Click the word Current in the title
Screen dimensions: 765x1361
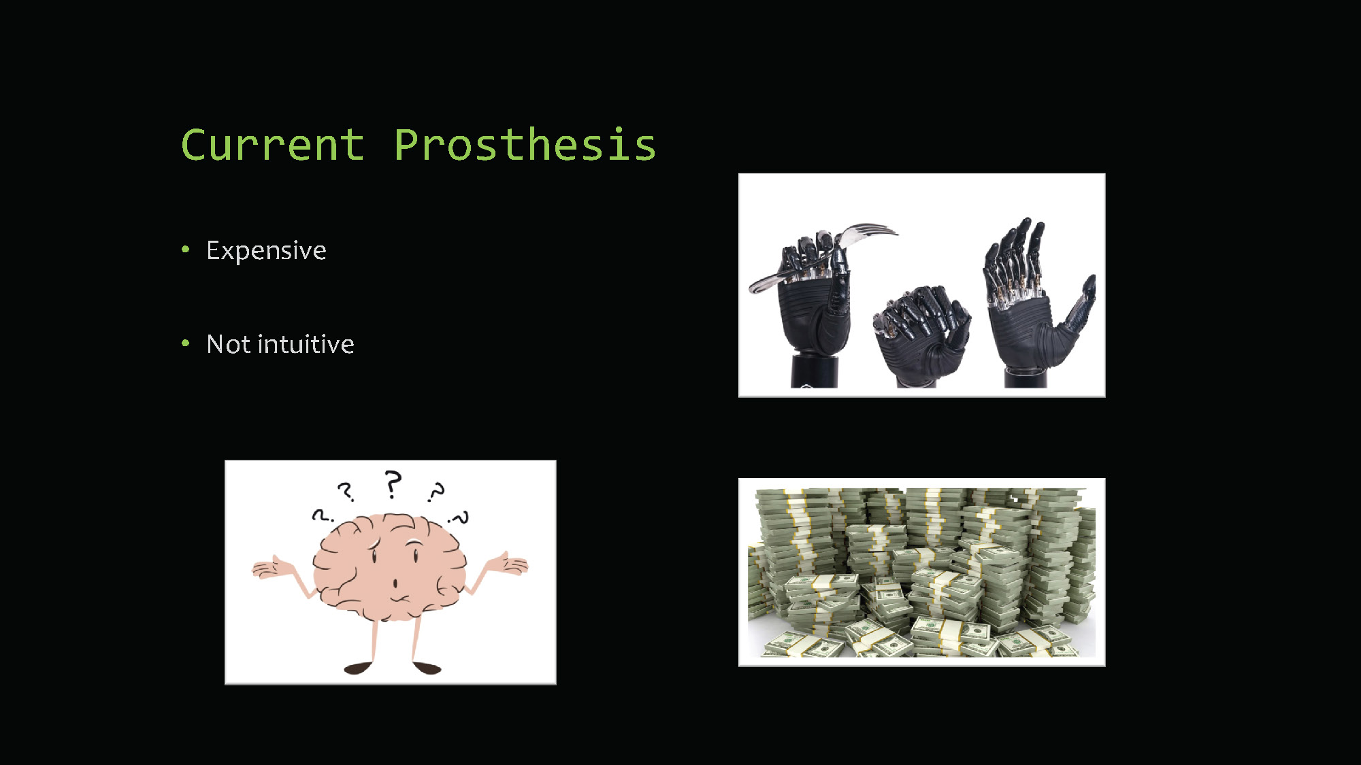272,145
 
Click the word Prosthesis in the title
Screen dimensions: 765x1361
525,145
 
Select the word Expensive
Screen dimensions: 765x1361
266,251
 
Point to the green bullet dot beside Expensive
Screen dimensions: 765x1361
185,250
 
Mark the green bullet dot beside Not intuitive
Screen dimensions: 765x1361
185,343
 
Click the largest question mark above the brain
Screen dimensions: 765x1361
393,484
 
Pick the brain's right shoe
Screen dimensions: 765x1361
427,668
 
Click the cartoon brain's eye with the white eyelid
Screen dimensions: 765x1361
414,548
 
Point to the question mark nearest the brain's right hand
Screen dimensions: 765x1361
460,518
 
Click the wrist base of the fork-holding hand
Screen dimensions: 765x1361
814,371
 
